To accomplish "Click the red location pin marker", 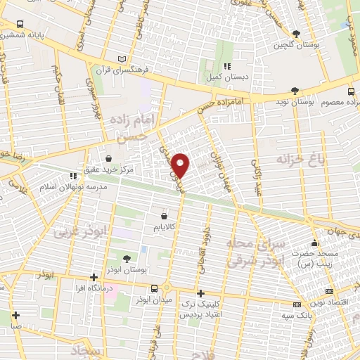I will tap(181, 165).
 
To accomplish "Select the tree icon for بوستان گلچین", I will tap(295, 33).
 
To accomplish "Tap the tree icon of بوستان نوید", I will tap(294, 91).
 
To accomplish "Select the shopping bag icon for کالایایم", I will tap(165, 216).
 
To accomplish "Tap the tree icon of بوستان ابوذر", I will tap(127, 258).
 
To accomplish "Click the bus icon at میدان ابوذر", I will tap(155, 288).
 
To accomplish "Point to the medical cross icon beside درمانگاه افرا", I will tap(94, 277).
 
